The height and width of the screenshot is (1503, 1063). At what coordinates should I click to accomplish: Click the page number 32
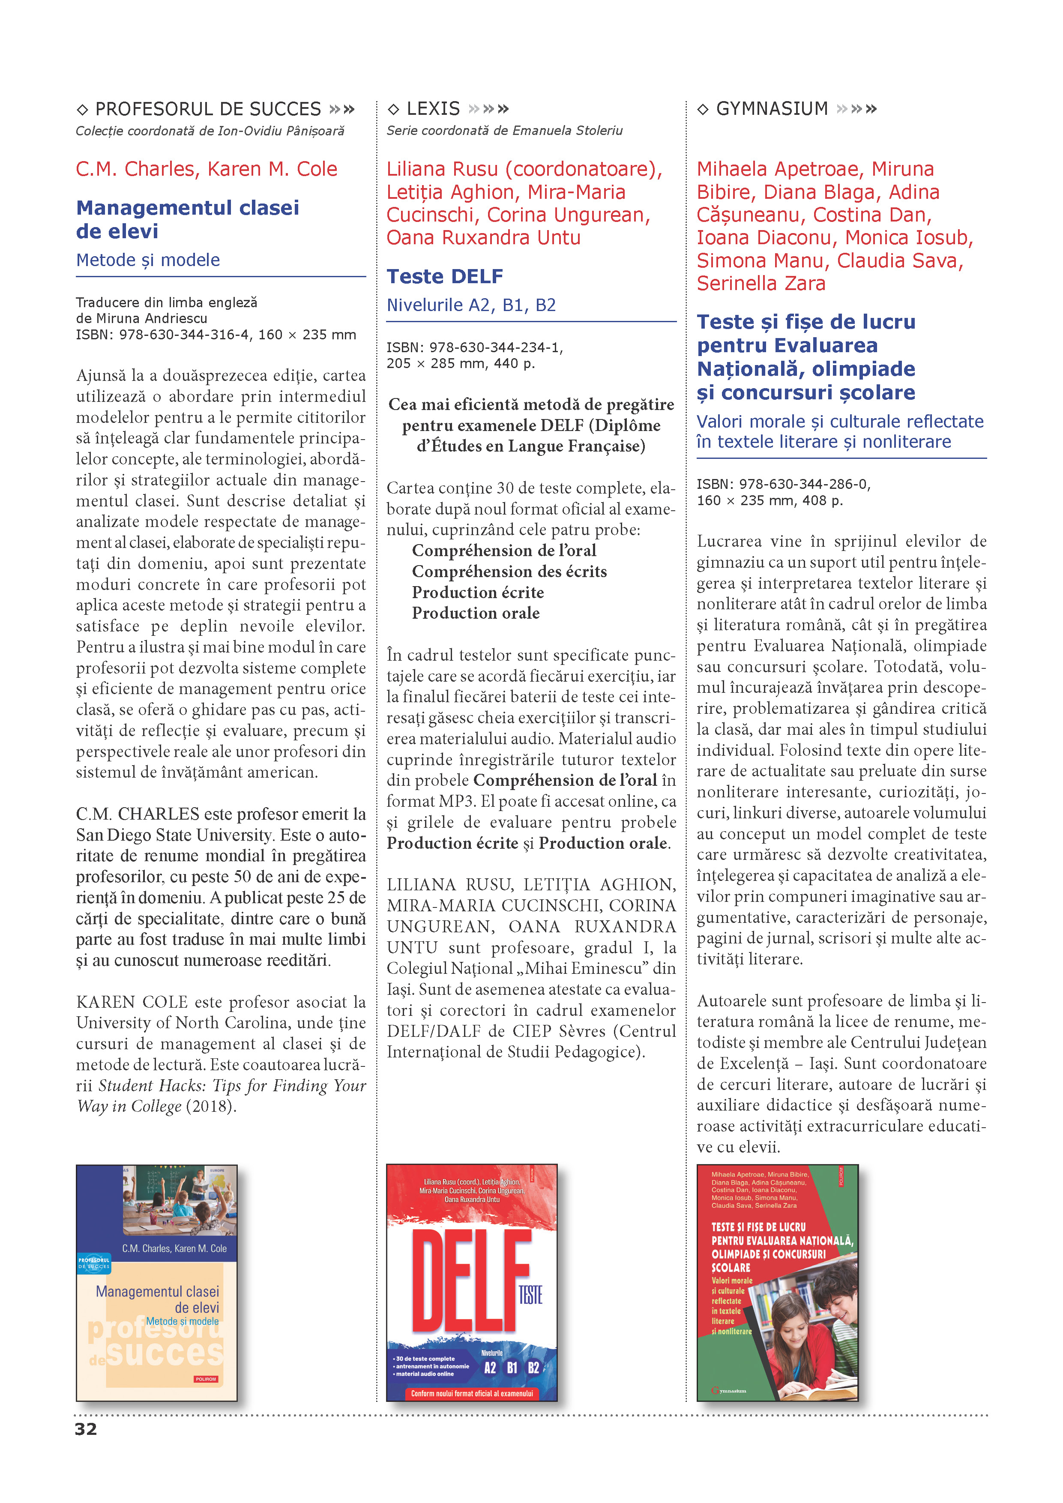point(86,1429)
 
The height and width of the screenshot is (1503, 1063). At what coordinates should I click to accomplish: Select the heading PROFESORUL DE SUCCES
point(208,109)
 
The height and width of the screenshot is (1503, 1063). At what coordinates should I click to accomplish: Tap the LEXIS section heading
point(433,109)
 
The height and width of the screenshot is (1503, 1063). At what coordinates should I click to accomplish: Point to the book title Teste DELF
point(445,276)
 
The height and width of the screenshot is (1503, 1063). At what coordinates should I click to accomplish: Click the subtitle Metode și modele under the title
point(148,260)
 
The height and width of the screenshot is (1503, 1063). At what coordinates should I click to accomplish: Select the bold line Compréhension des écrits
point(509,572)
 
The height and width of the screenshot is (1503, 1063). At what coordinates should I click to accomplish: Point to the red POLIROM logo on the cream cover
point(206,1379)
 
